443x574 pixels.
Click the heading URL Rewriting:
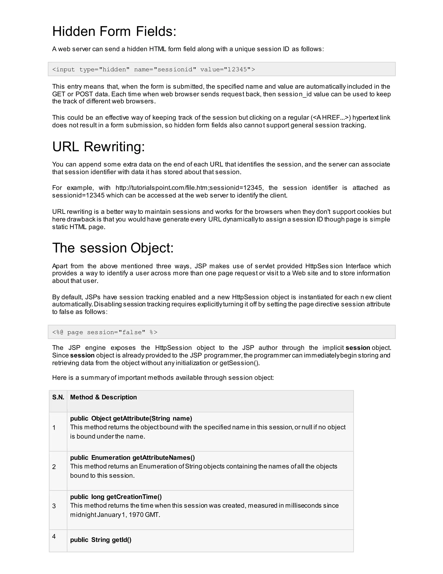tap(98, 146)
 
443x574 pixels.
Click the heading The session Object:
tap(113, 248)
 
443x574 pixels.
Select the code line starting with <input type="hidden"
tap(154, 69)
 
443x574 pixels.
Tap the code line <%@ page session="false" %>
tap(105, 332)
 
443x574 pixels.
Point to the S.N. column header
tap(58, 397)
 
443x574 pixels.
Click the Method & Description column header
tap(103, 397)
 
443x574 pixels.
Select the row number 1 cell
tap(54, 428)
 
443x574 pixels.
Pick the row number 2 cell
tap(54, 467)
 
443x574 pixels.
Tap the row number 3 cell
tap(54, 506)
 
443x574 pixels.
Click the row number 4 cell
tap(54, 536)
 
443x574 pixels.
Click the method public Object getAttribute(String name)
tap(131, 418)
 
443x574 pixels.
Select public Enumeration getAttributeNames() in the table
tap(132, 457)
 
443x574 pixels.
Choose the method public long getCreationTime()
tap(116, 497)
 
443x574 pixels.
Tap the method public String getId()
tap(101, 540)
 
